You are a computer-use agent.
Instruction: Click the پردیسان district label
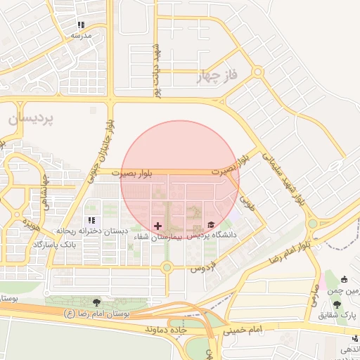pos(31,120)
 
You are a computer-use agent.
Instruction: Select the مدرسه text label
pos(80,34)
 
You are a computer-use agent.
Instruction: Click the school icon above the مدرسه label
pos(80,25)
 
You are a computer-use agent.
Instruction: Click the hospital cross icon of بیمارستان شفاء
pos(157,226)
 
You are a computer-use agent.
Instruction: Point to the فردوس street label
pos(202,269)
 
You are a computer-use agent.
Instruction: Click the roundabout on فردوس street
pos(167,267)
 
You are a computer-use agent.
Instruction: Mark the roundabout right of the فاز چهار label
pos(258,72)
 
